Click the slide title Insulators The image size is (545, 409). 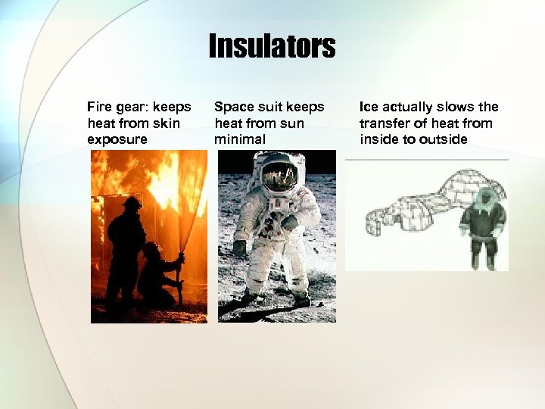(x=272, y=47)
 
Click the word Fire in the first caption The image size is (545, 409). (x=99, y=107)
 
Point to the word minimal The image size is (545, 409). (x=239, y=140)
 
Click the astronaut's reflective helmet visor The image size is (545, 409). (x=279, y=176)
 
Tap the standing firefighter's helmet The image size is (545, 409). (x=132, y=203)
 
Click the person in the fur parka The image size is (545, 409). (x=482, y=227)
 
